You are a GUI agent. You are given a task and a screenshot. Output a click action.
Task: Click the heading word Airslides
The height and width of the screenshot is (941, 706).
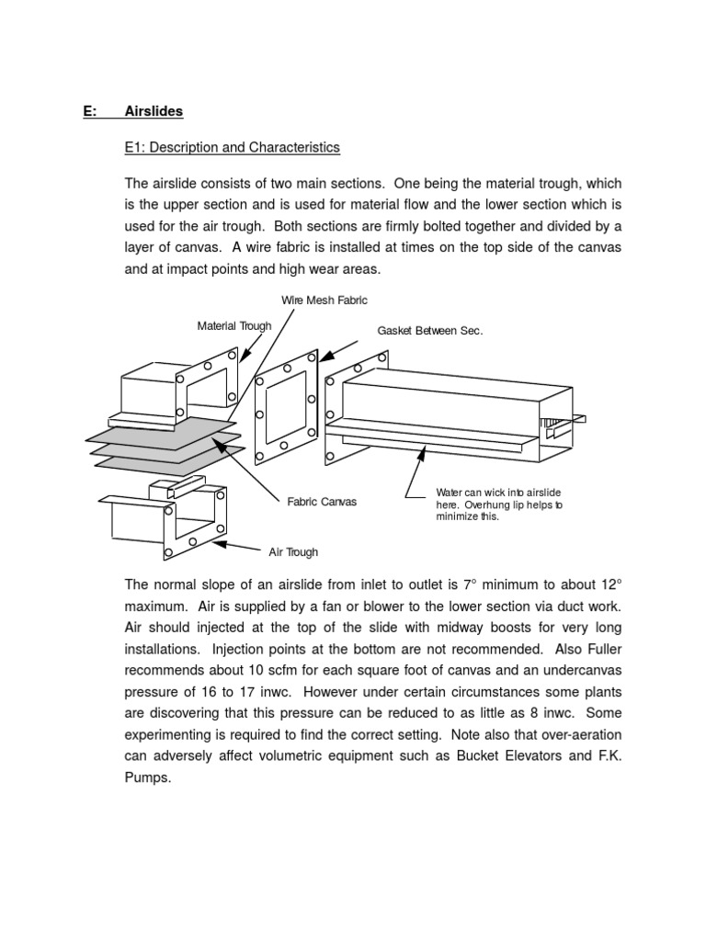154,111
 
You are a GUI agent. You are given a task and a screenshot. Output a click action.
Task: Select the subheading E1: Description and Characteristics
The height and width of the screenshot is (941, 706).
233,147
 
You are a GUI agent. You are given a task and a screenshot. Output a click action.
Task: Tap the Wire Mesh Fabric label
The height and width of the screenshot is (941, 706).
324,300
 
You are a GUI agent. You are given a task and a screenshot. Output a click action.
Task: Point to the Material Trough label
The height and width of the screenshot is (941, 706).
234,326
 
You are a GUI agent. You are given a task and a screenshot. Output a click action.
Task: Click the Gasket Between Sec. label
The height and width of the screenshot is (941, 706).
429,331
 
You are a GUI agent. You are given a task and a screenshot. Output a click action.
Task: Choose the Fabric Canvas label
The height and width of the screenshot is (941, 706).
322,502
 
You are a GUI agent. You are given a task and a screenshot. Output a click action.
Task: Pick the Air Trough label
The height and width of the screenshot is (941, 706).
293,552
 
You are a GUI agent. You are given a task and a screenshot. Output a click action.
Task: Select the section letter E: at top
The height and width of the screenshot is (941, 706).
90,111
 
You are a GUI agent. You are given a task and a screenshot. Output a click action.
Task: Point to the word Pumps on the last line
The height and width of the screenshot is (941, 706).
146,777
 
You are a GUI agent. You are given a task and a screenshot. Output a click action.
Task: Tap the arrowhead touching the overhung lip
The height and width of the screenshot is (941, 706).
423,449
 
